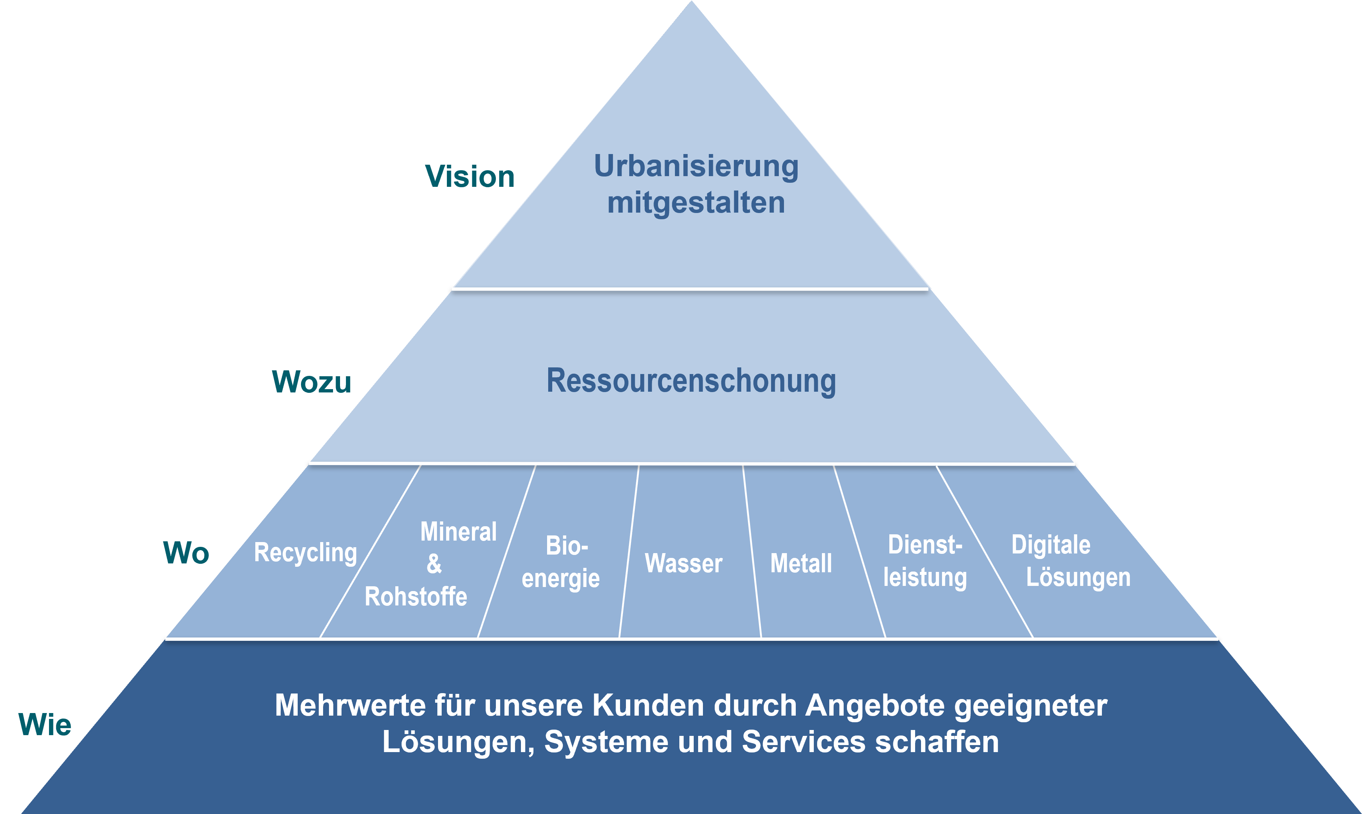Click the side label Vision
pos(470,177)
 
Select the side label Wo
pos(186,552)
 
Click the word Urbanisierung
pos(696,166)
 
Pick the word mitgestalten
pos(696,202)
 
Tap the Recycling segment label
pos(305,552)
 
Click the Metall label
pos(801,563)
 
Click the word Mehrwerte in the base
pos(350,705)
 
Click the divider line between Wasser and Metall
pos(752,551)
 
